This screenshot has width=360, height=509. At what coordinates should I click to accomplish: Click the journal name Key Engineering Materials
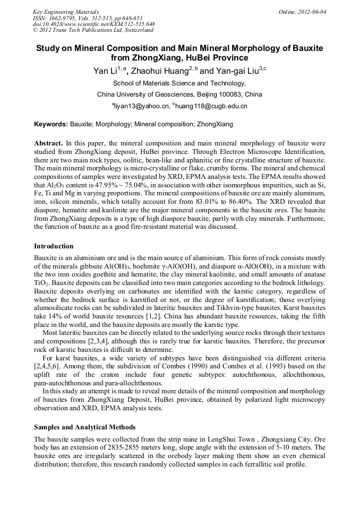point(66,12)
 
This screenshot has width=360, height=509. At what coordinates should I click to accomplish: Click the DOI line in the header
point(94,24)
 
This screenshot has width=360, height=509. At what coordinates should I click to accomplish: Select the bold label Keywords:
point(51,125)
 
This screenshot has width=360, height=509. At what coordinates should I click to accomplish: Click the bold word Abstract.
point(48,144)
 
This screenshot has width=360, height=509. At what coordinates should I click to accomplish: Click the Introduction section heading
point(54,246)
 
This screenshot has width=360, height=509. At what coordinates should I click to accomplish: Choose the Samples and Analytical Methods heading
point(84,427)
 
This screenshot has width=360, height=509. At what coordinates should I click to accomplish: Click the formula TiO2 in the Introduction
point(41,284)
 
